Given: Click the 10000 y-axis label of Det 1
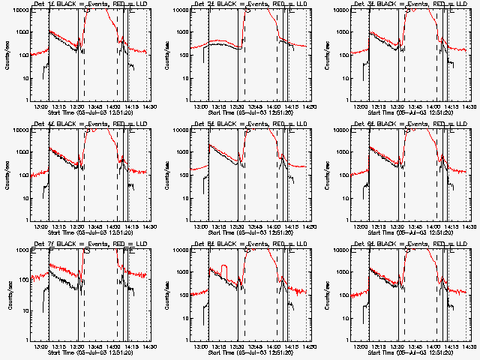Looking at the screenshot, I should [18, 10].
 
